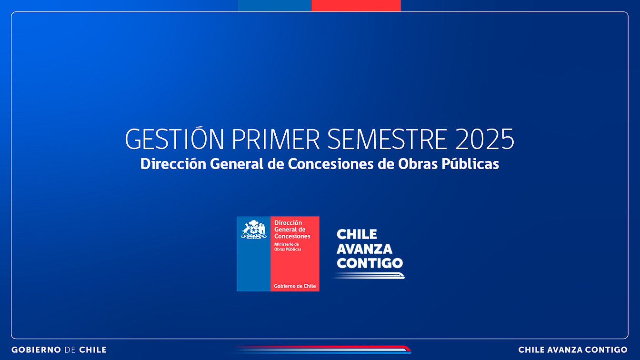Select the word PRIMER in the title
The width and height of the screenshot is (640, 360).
(275, 139)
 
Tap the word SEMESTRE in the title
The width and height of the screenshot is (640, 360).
(387, 139)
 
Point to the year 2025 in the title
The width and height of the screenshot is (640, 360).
(485, 139)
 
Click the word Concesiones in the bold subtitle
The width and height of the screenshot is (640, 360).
(330, 164)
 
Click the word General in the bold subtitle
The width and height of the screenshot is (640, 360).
(237, 164)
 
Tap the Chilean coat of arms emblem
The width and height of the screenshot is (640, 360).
(253, 229)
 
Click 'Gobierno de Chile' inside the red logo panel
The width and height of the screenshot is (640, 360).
(295, 286)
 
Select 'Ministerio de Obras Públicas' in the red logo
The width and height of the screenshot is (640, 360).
(288, 247)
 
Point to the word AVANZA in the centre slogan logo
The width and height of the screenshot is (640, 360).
(364, 249)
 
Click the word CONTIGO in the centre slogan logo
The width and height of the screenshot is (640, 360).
(370, 263)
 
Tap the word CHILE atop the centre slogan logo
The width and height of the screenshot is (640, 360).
(357, 234)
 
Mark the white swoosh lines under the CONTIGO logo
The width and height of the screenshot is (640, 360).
(369, 276)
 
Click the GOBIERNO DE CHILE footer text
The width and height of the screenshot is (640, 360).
(59, 350)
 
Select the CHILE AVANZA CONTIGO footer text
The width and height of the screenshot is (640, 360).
(573, 350)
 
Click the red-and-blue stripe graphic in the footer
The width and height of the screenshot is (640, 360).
(321, 350)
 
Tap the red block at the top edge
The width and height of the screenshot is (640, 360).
(356, 5)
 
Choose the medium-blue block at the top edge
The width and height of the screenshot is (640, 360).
(275, 5)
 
